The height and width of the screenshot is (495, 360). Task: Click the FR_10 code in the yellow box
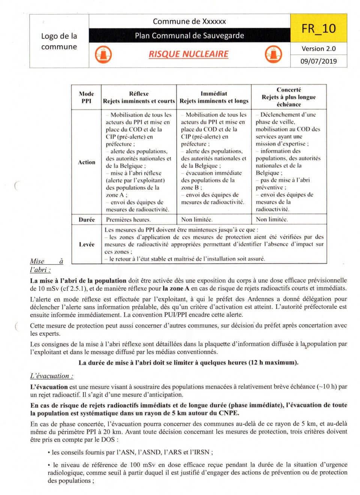pyautogui.click(x=318, y=28)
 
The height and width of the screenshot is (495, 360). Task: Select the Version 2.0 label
pyautogui.click(x=318, y=49)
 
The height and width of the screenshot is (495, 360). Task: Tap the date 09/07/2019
pyautogui.click(x=318, y=61)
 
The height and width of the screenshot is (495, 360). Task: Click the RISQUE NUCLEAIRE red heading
pyautogui.click(x=189, y=54)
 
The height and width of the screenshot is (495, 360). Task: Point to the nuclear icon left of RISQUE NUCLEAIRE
pyautogui.click(x=103, y=54)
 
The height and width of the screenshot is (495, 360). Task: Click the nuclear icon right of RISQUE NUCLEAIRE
pyautogui.click(x=273, y=54)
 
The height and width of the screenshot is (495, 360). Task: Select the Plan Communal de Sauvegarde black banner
pyautogui.click(x=189, y=36)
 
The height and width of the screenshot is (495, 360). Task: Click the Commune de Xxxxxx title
pyautogui.click(x=189, y=21)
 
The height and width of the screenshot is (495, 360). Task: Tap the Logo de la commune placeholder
pyautogui.click(x=59, y=41)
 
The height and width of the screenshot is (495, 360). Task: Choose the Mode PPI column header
pyautogui.click(x=86, y=97)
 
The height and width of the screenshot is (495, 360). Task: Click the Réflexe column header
pyautogui.click(x=139, y=97)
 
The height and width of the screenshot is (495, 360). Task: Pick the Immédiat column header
pyautogui.click(x=214, y=97)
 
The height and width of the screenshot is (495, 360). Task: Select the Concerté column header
pyautogui.click(x=289, y=97)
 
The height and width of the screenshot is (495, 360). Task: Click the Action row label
pyautogui.click(x=87, y=162)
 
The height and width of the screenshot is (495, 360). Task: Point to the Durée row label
pyautogui.click(x=87, y=220)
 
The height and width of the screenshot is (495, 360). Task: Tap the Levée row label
pyautogui.click(x=87, y=244)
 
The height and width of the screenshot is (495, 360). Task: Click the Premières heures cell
pyautogui.click(x=128, y=220)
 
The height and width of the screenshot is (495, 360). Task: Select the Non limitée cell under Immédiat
pyautogui.click(x=196, y=220)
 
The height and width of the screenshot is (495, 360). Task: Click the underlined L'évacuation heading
pyautogui.click(x=52, y=376)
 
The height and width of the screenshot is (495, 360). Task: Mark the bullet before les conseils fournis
pyautogui.click(x=49, y=453)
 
